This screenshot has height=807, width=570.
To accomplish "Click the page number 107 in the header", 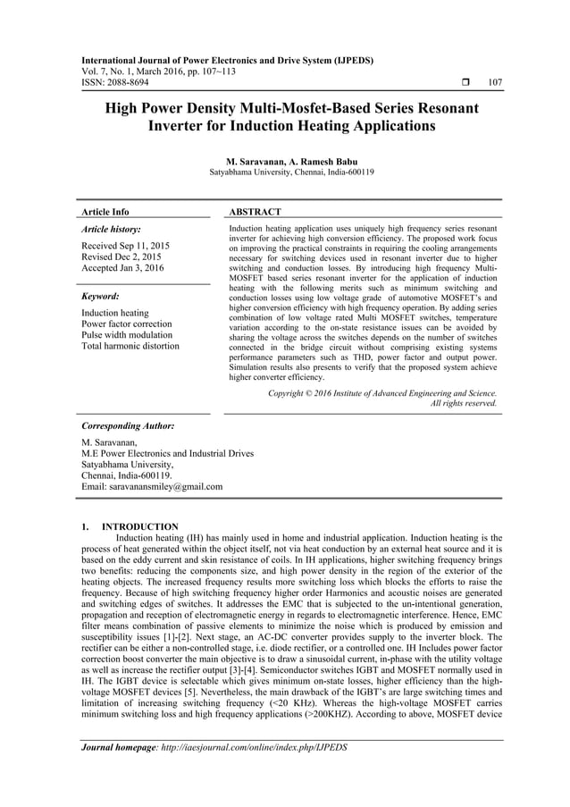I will click(x=495, y=83).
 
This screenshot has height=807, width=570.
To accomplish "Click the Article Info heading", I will click(x=105, y=212).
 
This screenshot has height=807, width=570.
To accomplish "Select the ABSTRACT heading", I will click(x=256, y=212).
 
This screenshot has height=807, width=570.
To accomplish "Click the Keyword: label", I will click(x=101, y=296).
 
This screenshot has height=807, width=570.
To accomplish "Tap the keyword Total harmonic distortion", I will click(x=130, y=346).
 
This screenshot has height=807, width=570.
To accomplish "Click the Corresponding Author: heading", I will click(x=128, y=426).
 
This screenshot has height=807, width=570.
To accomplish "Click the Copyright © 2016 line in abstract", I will click(x=382, y=392).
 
